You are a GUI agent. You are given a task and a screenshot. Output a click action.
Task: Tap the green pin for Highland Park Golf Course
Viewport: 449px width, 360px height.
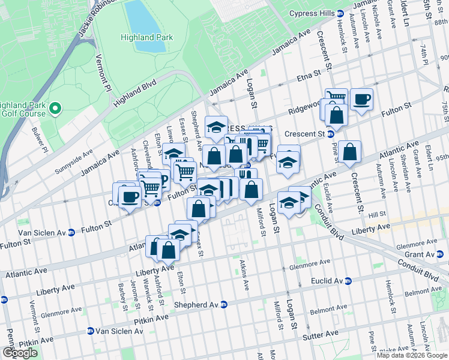(x=55, y=109)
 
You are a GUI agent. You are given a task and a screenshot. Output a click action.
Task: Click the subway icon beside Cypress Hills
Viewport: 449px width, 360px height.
(x=340, y=13)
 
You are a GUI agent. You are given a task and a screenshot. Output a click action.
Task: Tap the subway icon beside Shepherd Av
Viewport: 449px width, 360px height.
(x=224, y=305)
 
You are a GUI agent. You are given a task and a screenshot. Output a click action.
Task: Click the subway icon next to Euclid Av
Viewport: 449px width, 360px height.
(x=348, y=281)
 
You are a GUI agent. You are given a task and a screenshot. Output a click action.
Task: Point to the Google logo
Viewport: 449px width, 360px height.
(x=20, y=353)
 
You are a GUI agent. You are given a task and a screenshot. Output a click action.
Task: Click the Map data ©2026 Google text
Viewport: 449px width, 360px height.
(x=412, y=355)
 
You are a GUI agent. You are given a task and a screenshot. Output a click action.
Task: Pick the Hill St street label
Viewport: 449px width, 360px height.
(x=377, y=214)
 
